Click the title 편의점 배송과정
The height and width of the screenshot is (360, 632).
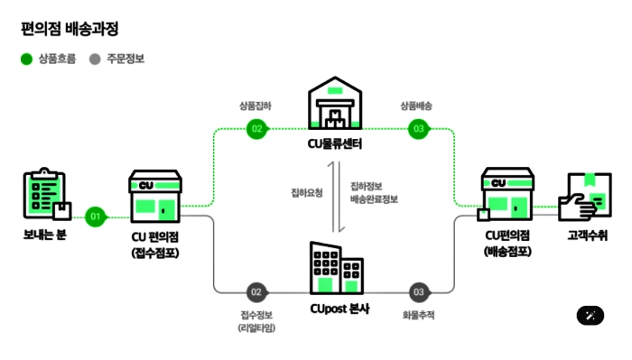[70, 28]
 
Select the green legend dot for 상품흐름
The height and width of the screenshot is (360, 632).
[27, 60]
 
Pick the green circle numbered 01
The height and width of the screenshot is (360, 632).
[96, 217]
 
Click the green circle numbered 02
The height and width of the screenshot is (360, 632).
[256, 129]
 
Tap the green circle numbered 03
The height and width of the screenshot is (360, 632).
[418, 129]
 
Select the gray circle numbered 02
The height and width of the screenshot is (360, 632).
[256, 292]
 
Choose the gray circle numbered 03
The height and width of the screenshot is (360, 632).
[418, 292]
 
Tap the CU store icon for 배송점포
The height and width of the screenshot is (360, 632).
[507, 195]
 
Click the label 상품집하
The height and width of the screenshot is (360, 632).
[256, 106]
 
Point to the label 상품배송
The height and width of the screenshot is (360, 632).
[417, 106]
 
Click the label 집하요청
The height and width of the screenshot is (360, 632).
[305, 192]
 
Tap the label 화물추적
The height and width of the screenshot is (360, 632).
[418, 315]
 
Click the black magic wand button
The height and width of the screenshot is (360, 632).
[590, 315]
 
